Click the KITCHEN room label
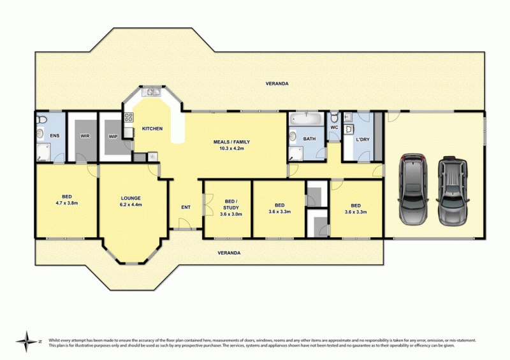(x=152, y=129)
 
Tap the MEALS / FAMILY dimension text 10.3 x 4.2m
(x=231, y=148)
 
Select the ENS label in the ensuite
(x=55, y=136)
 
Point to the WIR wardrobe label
(x=85, y=136)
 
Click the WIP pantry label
(x=113, y=136)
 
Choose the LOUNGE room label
(x=131, y=198)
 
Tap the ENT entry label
(x=186, y=207)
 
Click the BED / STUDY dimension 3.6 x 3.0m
(x=231, y=214)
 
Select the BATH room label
(x=309, y=139)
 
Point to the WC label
(x=334, y=127)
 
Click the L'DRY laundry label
(x=363, y=140)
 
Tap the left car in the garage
(x=413, y=189)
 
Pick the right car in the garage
(x=453, y=191)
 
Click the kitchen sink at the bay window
(x=151, y=92)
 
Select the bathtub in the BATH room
(x=307, y=119)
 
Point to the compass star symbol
(x=27, y=342)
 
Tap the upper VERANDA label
(x=277, y=83)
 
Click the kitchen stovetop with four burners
(x=129, y=117)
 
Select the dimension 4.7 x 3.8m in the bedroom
(x=67, y=203)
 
